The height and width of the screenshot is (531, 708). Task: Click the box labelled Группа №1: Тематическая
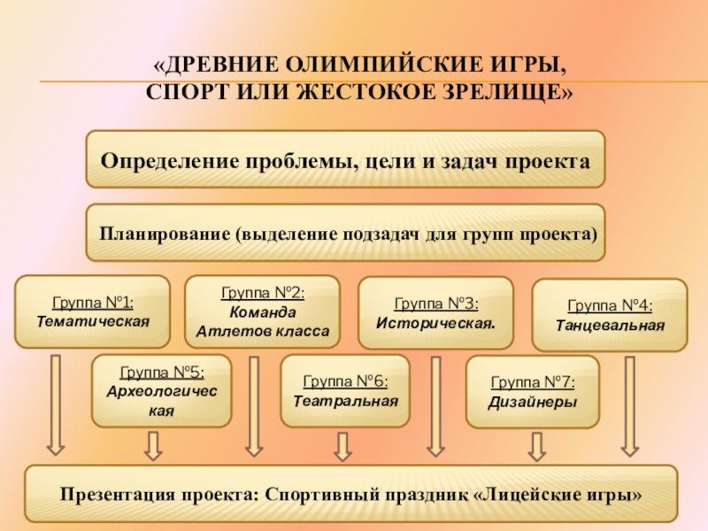92,311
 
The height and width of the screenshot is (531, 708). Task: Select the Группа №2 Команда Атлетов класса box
261,312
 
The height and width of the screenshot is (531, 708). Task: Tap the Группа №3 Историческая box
435,312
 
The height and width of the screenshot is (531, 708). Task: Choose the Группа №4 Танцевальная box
609,315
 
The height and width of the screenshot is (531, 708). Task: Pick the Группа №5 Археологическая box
162,389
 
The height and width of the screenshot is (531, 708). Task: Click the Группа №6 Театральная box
345,390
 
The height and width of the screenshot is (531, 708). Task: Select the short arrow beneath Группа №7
536,444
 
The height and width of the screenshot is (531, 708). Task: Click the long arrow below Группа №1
56,404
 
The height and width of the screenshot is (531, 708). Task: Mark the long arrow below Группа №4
629,404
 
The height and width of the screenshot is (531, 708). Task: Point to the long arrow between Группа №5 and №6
254,404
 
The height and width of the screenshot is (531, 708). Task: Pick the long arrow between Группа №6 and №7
435,404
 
